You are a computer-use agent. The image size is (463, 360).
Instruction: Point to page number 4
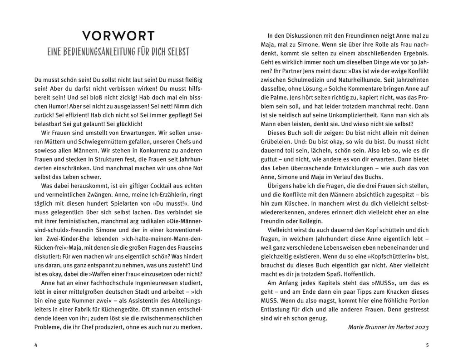[36, 345]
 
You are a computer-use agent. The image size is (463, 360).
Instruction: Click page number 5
[427, 345]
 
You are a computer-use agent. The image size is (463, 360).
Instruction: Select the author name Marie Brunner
[365, 327]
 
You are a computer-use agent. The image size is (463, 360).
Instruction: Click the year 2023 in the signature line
[422, 327]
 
